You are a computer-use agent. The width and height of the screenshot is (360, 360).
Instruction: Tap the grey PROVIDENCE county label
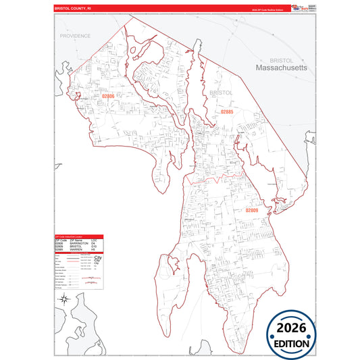coord(75,35)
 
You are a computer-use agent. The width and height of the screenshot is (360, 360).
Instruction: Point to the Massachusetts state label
coord(281,68)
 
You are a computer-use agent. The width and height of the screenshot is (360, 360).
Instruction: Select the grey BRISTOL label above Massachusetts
coord(280,59)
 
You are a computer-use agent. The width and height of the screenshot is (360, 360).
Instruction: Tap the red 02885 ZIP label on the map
coord(226,111)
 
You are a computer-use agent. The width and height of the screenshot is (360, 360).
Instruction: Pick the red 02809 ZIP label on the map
coord(251,211)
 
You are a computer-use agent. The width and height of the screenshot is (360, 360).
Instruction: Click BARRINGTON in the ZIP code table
coord(80,244)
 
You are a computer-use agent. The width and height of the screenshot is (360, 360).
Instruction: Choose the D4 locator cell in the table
coord(94,244)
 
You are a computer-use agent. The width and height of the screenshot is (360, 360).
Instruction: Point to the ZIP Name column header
coord(76,240)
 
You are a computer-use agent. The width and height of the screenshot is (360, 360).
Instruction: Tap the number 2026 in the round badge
coord(290,328)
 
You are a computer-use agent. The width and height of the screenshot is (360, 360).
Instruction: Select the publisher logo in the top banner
coord(298,7)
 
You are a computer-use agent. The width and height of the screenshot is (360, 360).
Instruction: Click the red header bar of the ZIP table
coord(78,237)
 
